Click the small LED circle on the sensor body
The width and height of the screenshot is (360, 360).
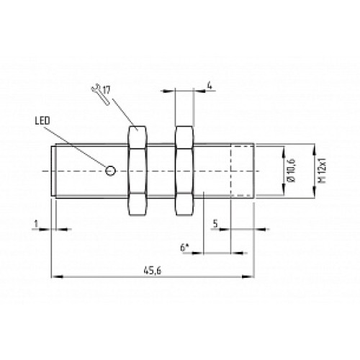pyautogui.click(x=110, y=171)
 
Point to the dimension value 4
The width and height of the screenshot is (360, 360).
pyautogui.click(x=209, y=86)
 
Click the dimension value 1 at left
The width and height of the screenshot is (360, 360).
pyautogui.click(x=34, y=222)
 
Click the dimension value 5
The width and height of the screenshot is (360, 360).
pyautogui.click(x=216, y=222)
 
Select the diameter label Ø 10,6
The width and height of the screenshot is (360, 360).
pyautogui.click(x=290, y=171)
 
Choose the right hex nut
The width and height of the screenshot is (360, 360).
pyautogui.click(x=184, y=171)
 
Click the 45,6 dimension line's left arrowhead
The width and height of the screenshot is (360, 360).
pyautogui.click(x=55, y=275)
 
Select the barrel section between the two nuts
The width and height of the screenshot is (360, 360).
pyautogui.click(x=161, y=171)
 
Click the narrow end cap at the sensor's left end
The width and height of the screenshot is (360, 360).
pyautogui.click(x=53, y=171)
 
